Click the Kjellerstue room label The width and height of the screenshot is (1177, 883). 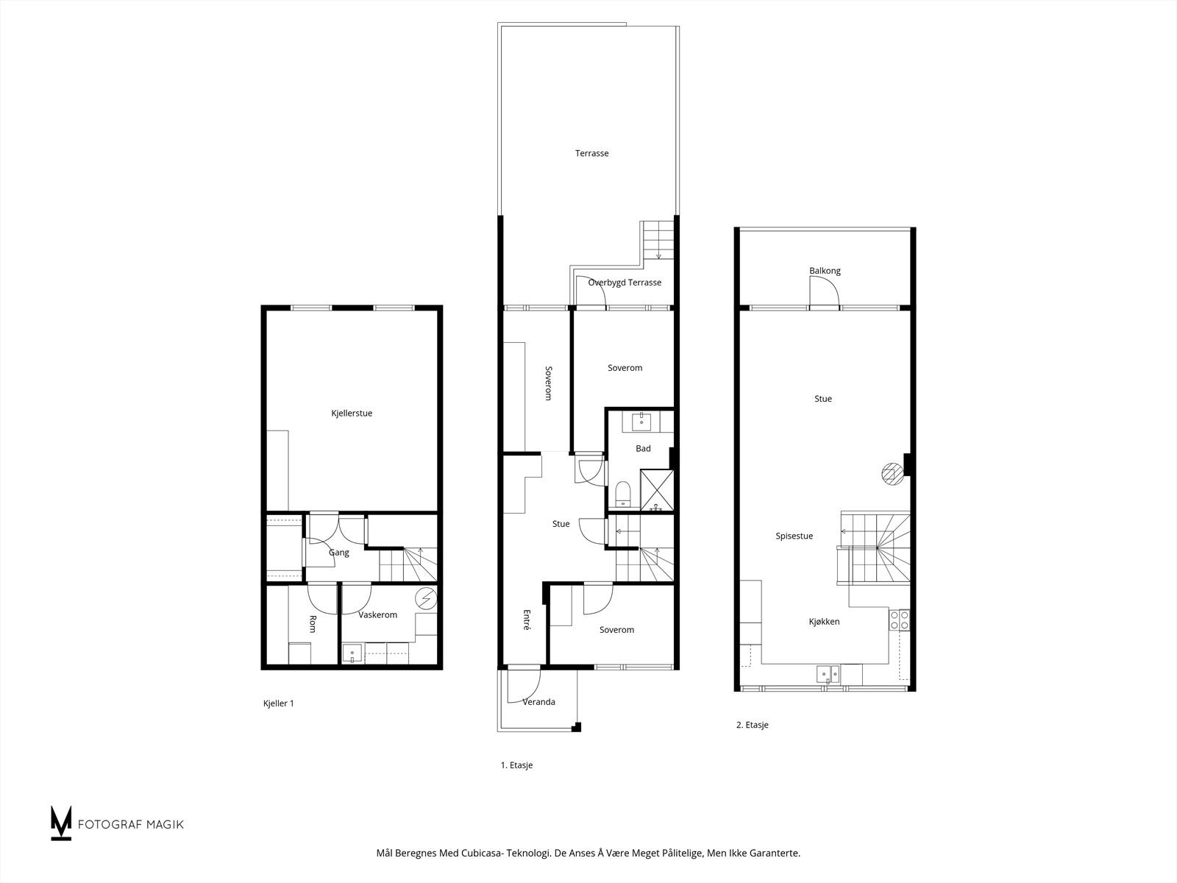(352, 414)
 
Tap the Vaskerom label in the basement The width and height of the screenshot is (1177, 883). (377, 615)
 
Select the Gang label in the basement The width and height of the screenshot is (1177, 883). (338, 553)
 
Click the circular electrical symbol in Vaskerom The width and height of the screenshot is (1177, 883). (425, 599)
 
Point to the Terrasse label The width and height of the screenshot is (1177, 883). (591, 154)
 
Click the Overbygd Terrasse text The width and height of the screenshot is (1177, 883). (625, 283)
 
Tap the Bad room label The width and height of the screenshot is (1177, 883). (643, 449)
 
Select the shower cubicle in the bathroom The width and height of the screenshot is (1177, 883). (657, 490)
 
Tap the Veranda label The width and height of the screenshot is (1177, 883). (538, 702)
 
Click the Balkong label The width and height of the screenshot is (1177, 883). (825, 271)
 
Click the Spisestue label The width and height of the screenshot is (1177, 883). (794, 536)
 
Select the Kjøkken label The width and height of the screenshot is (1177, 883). (824, 622)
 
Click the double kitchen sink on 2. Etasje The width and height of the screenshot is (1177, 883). (828, 673)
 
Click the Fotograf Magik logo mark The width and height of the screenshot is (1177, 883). (61, 823)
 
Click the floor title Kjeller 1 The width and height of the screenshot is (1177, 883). (278, 703)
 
